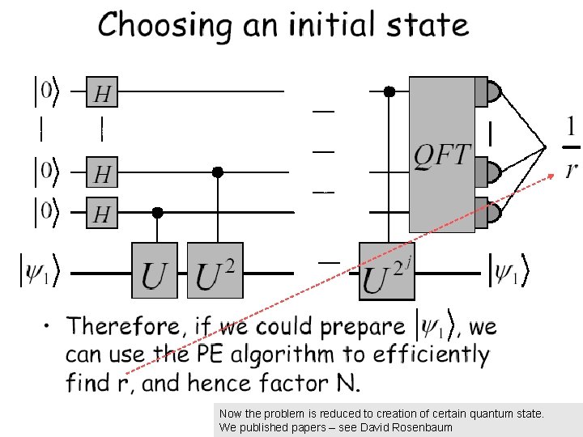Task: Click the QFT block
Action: (441, 154)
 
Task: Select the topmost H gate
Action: (102, 92)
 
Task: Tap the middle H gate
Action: (102, 172)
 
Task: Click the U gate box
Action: (155, 270)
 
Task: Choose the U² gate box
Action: (215, 270)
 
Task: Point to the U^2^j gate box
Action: (387, 270)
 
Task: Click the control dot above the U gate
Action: (158, 212)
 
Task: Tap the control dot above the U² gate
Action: (217, 172)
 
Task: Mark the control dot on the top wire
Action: (389, 92)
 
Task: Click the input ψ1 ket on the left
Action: (39, 271)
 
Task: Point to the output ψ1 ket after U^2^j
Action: (508, 271)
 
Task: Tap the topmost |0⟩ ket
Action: (45, 91)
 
